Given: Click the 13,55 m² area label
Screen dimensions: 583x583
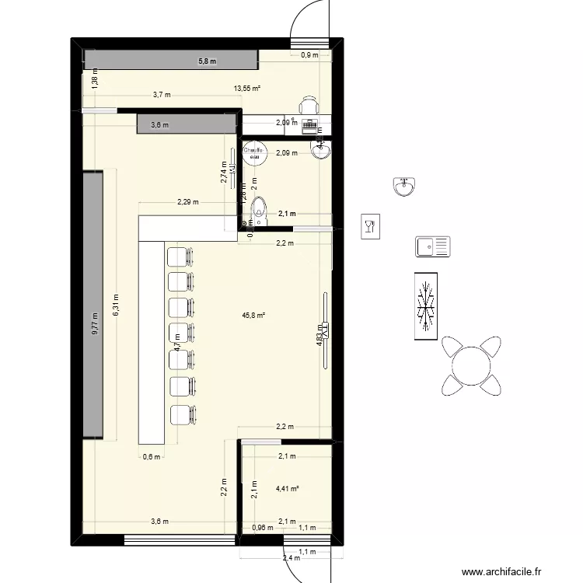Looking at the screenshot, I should point(247,89).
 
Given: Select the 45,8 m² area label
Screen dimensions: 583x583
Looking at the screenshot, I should point(254,316).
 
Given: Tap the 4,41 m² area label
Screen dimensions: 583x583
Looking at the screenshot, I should point(287,489).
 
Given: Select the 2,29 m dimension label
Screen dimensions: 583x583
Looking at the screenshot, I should point(187,202).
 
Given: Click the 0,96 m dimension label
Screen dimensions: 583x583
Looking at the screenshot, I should point(262,528).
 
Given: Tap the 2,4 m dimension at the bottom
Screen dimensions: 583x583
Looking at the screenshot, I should point(291,557).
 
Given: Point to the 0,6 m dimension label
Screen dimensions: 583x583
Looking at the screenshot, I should point(151,457).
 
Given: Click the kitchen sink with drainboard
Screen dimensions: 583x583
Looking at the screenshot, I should point(432,247).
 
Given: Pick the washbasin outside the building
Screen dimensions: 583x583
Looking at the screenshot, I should point(405,187).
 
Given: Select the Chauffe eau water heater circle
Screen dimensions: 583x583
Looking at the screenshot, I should point(253,152).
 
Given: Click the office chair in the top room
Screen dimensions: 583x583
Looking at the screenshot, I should point(309,105).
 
